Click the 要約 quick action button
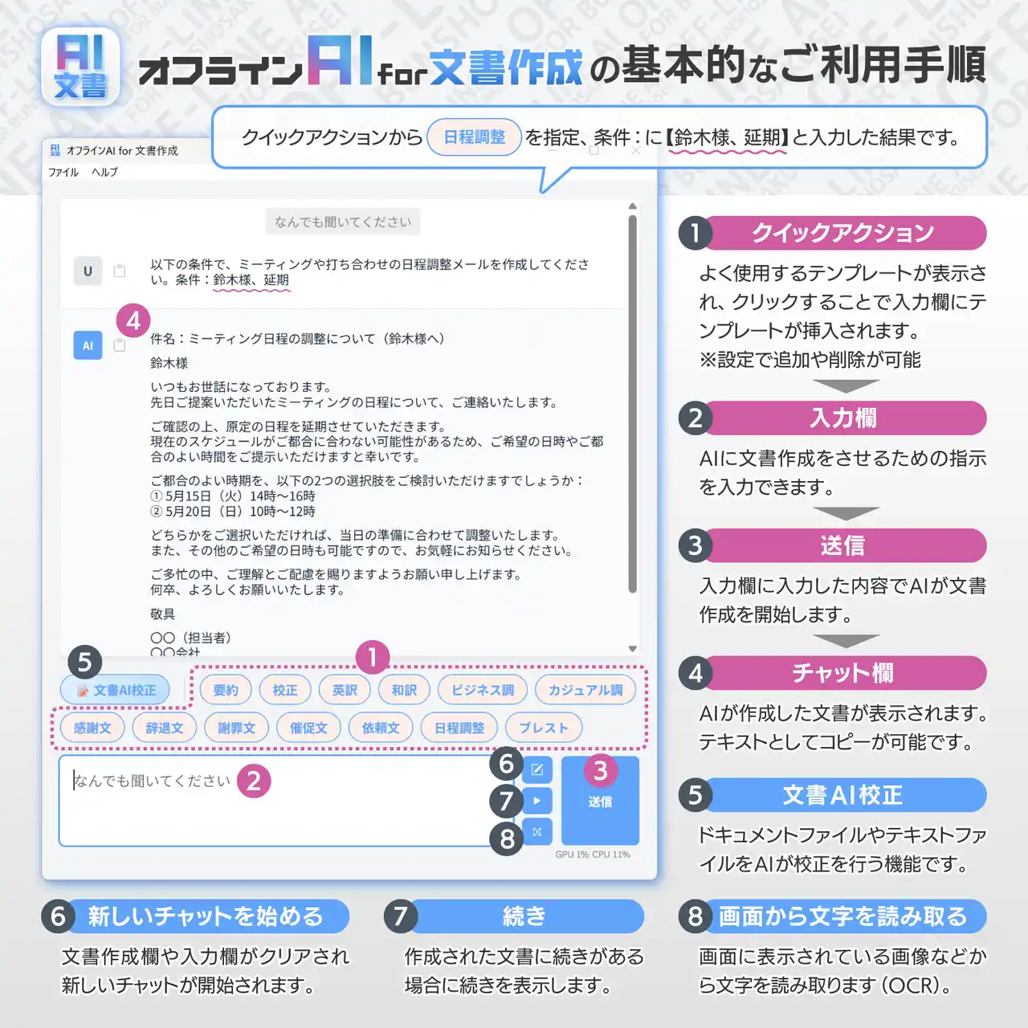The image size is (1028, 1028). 226,690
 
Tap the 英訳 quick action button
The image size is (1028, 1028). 345,690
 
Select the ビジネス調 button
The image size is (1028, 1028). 482,690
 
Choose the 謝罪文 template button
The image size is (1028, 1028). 236,727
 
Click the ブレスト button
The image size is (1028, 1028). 543,727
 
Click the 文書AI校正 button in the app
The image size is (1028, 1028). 115,690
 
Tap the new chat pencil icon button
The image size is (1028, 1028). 536,769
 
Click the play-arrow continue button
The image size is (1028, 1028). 536,800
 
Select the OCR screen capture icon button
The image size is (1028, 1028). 536,831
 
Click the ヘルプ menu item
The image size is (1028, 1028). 104,172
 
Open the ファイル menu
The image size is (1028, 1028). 63,172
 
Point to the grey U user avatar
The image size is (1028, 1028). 88,271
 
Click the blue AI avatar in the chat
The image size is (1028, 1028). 88,345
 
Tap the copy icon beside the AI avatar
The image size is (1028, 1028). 120,345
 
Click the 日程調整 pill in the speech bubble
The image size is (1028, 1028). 475,137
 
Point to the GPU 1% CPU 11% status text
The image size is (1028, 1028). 593,854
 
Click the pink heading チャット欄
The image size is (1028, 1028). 843,673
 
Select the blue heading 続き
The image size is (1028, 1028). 524,916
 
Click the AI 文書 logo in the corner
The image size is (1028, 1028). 80,67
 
